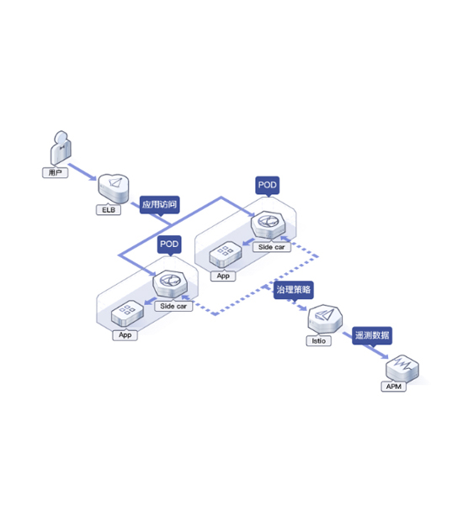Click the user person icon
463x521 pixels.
(x=61, y=147)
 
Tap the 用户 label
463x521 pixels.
(x=56, y=173)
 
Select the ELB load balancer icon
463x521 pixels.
(x=114, y=188)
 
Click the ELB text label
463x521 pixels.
(x=109, y=210)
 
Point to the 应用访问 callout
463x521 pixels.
(x=159, y=205)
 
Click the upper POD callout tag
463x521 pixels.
(x=268, y=186)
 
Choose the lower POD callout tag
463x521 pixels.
(x=169, y=245)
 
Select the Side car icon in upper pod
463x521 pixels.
(x=269, y=225)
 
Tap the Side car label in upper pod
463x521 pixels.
(x=272, y=247)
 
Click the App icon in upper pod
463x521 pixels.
(x=226, y=255)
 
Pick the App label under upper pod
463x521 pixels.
(x=223, y=276)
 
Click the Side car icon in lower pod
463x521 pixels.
(x=170, y=284)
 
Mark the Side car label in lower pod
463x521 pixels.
(x=173, y=306)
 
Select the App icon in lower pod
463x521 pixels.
(x=127, y=313)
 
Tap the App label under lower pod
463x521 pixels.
(x=125, y=335)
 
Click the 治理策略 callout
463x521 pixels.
(x=294, y=291)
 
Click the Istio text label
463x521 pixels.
(x=319, y=341)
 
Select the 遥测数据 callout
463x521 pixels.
(x=372, y=336)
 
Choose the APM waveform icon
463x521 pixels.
(x=402, y=369)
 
